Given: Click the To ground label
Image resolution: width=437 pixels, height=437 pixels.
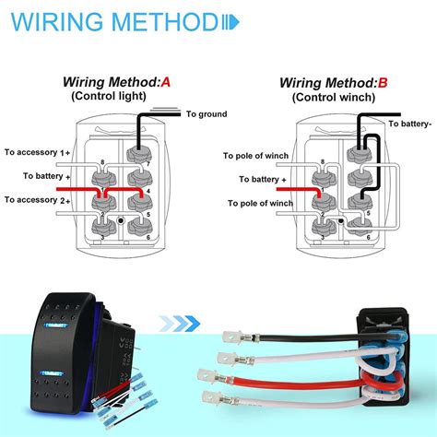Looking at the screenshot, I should coord(205,114).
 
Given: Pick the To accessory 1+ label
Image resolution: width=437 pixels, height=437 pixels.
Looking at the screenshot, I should coord(37,151).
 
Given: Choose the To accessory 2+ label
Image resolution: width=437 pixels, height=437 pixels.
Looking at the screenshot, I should coord(37,199).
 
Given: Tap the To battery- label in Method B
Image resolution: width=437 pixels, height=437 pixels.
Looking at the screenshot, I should coord(408,123).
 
